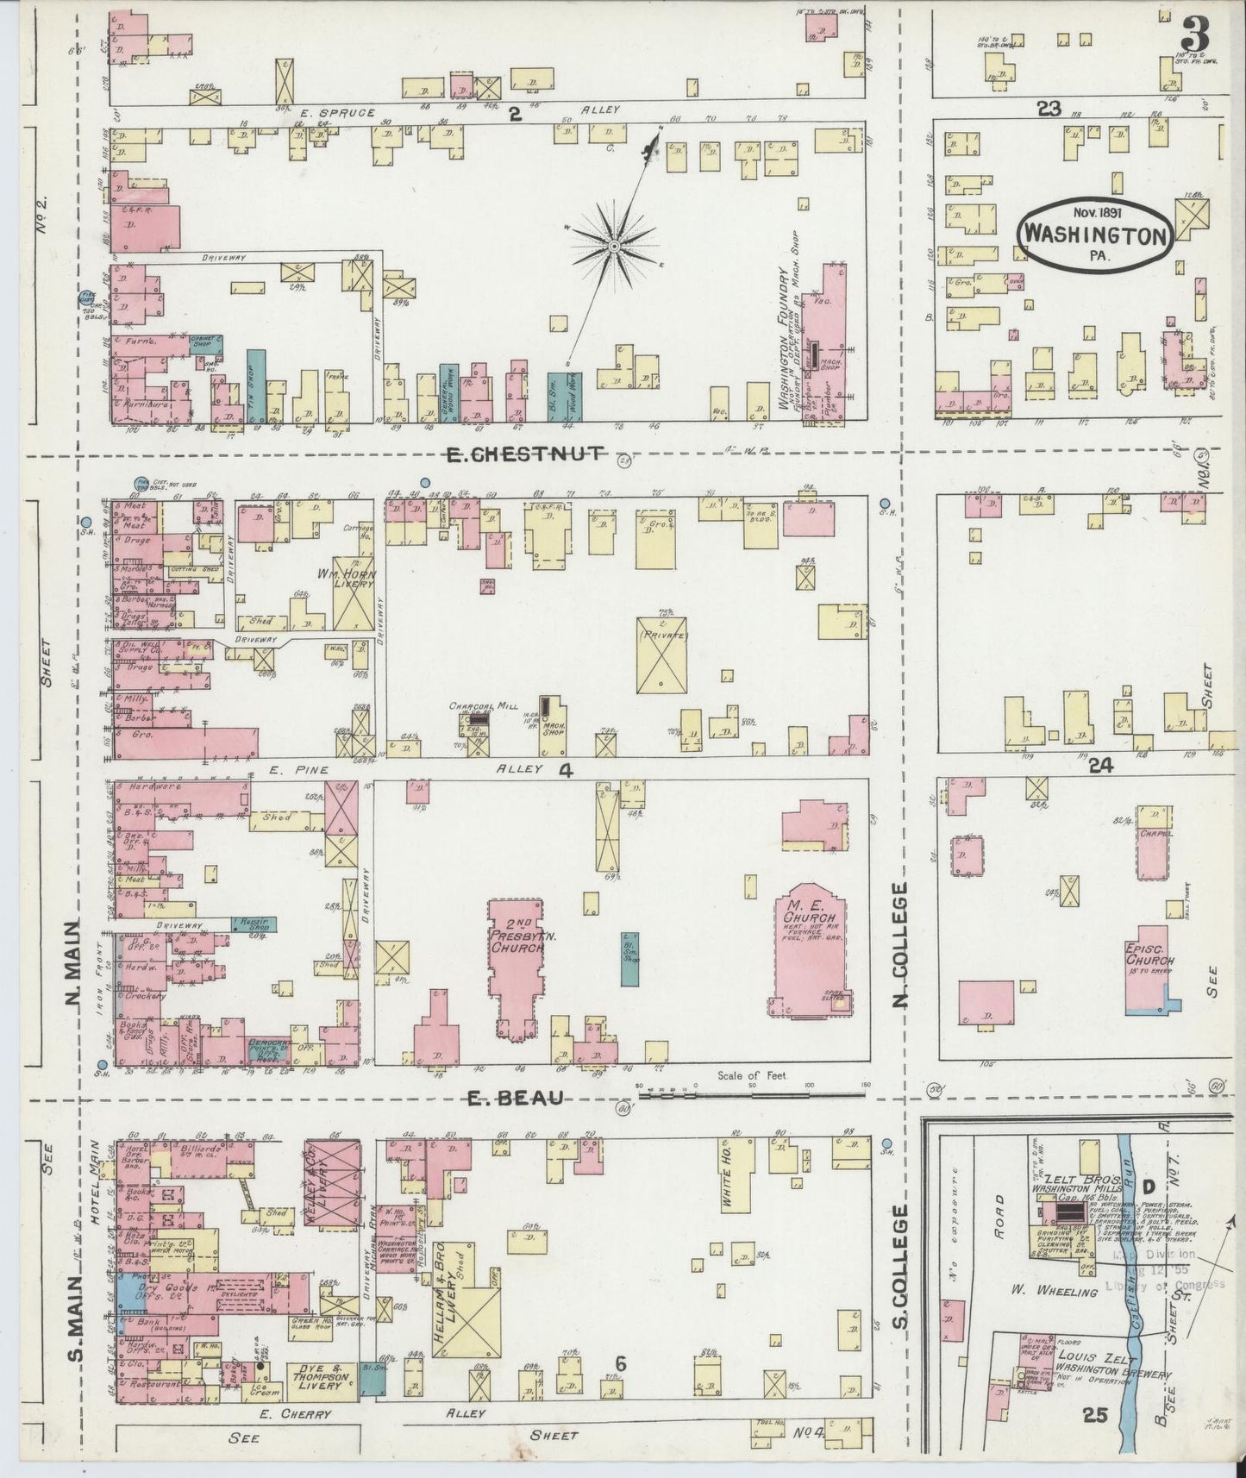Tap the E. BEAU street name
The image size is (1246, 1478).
click(x=515, y=1098)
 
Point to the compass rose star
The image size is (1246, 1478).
click(x=614, y=247)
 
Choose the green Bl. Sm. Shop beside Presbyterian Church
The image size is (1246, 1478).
click(x=630, y=959)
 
